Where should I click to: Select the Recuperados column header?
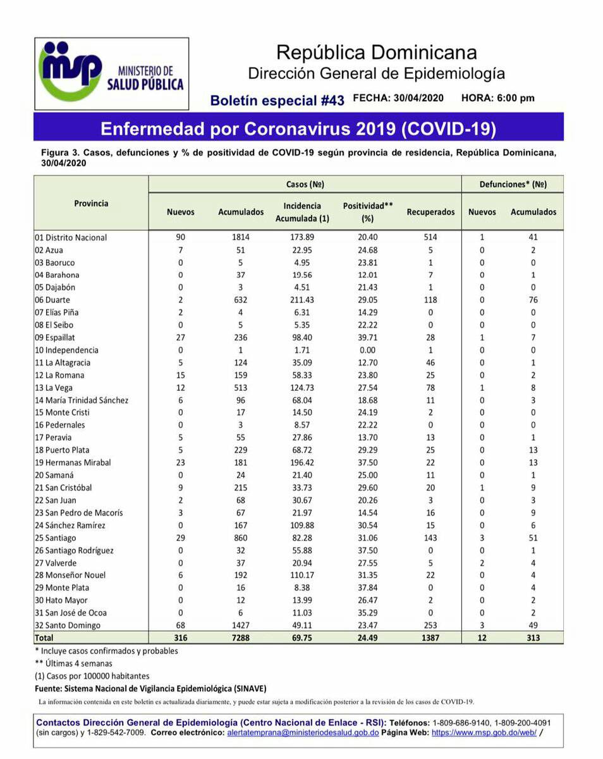pos(430,212)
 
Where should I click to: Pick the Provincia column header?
pos(91,204)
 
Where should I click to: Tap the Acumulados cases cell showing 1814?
pos(240,237)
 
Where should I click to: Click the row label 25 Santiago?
pos(56,538)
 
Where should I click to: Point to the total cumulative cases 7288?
pos(240,638)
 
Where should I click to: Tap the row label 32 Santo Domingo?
pos(68,626)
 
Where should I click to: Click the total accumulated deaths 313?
pos(533,638)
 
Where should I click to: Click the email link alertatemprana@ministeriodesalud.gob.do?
pos(303,732)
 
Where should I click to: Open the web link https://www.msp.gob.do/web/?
pos(484,732)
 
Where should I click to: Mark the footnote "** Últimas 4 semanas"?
pos(74,663)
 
